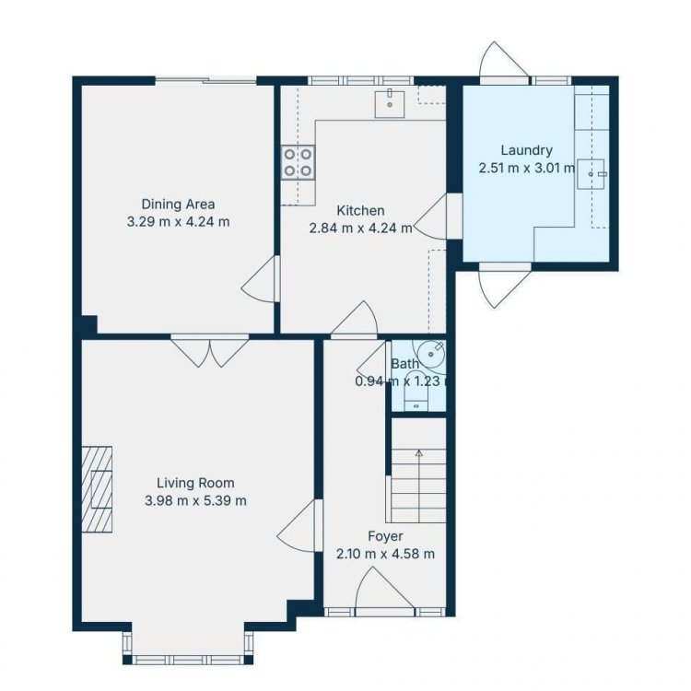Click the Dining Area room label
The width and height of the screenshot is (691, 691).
coord(178,205)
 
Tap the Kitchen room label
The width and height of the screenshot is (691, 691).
coord(360,211)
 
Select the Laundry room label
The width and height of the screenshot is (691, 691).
coord(527,151)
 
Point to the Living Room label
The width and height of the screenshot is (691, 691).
coord(195,483)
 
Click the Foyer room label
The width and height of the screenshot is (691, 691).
coord(386,536)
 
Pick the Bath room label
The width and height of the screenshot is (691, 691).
coord(405,364)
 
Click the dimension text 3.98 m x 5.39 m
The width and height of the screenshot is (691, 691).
coord(195,500)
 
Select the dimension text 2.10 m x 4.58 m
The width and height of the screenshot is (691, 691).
coord(386,554)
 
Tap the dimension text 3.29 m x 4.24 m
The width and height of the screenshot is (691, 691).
coord(178,222)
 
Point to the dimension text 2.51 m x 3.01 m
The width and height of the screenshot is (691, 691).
coord(527,169)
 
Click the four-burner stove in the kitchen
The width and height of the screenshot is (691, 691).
coord(299,162)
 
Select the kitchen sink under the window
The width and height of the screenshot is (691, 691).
coord(390,104)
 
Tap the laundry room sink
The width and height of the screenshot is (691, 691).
coord(591,174)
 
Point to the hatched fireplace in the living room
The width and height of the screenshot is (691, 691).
coord(97,489)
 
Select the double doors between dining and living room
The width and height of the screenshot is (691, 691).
coord(210,351)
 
